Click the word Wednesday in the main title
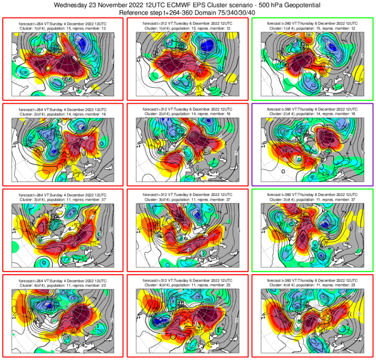72,5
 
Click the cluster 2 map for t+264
63,149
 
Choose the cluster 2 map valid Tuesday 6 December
187,149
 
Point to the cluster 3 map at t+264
63,234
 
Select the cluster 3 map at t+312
187,234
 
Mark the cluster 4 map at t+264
63,320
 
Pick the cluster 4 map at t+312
187,320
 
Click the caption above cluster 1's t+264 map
63,26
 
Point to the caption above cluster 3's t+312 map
187,197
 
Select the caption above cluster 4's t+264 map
63,282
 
